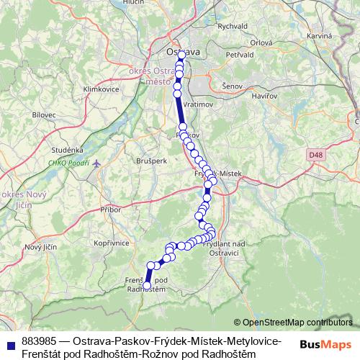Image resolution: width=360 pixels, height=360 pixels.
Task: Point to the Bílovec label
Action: pyautogui.click(x=43, y=114)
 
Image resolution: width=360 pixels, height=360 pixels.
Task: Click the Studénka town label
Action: pyautogui.click(x=67, y=150)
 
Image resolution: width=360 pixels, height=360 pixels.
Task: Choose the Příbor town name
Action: pyautogui.click(x=111, y=209)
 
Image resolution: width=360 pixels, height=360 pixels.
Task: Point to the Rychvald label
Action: pyautogui.click(x=232, y=27)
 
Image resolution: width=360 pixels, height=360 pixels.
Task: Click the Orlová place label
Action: pyautogui.click(x=261, y=42)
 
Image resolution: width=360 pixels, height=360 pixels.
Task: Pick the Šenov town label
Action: pyautogui.click(x=232, y=86)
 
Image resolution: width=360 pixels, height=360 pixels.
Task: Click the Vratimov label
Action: pyautogui.click(x=199, y=104)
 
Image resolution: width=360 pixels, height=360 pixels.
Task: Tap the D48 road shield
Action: pyautogui.click(x=314, y=154)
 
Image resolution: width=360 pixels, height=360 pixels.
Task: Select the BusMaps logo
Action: pyautogui.click(x=325, y=344)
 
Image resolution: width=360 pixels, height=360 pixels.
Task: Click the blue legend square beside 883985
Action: pyautogui.click(x=9, y=344)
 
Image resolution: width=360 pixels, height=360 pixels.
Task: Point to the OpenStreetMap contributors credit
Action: pyautogui.click(x=297, y=323)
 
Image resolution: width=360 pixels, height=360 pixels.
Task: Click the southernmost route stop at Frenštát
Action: pyautogui.click(x=147, y=286)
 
